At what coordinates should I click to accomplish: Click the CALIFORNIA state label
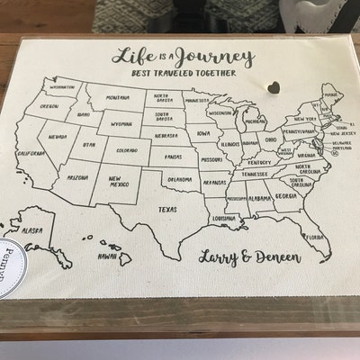click(x=31, y=153)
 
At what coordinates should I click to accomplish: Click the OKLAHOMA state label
click(x=178, y=179)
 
